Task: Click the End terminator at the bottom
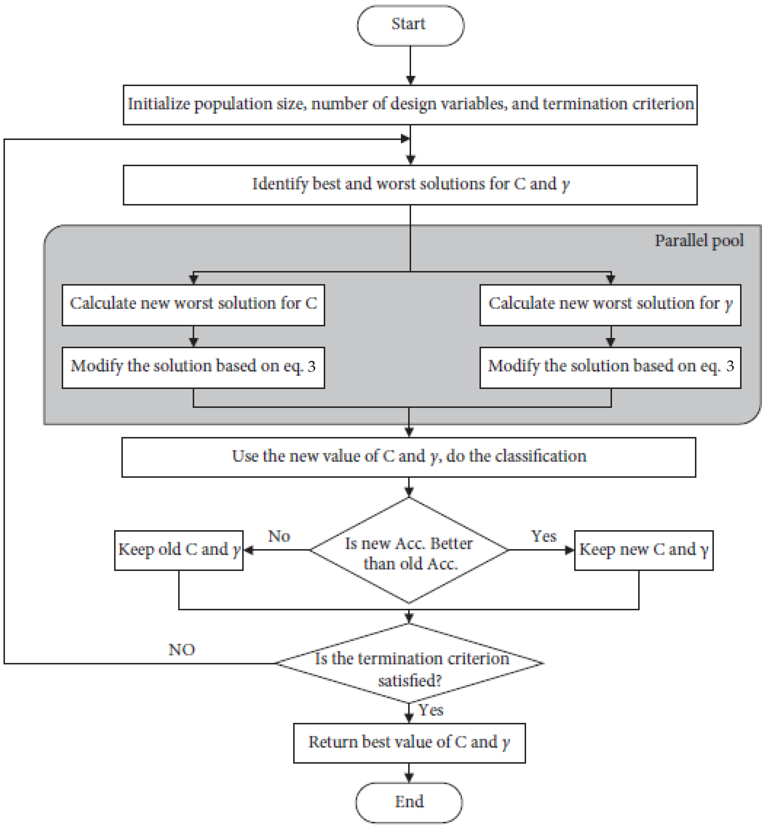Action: pyautogui.click(x=409, y=802)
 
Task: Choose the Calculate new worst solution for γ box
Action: pyautogui.click(x=610, y=304)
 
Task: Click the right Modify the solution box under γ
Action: pyautogui.click(x=610, y=367)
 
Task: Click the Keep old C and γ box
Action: pyautogui.click(x=179, y=550)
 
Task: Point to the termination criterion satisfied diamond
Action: pyautogui.click(x=410, y=668)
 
